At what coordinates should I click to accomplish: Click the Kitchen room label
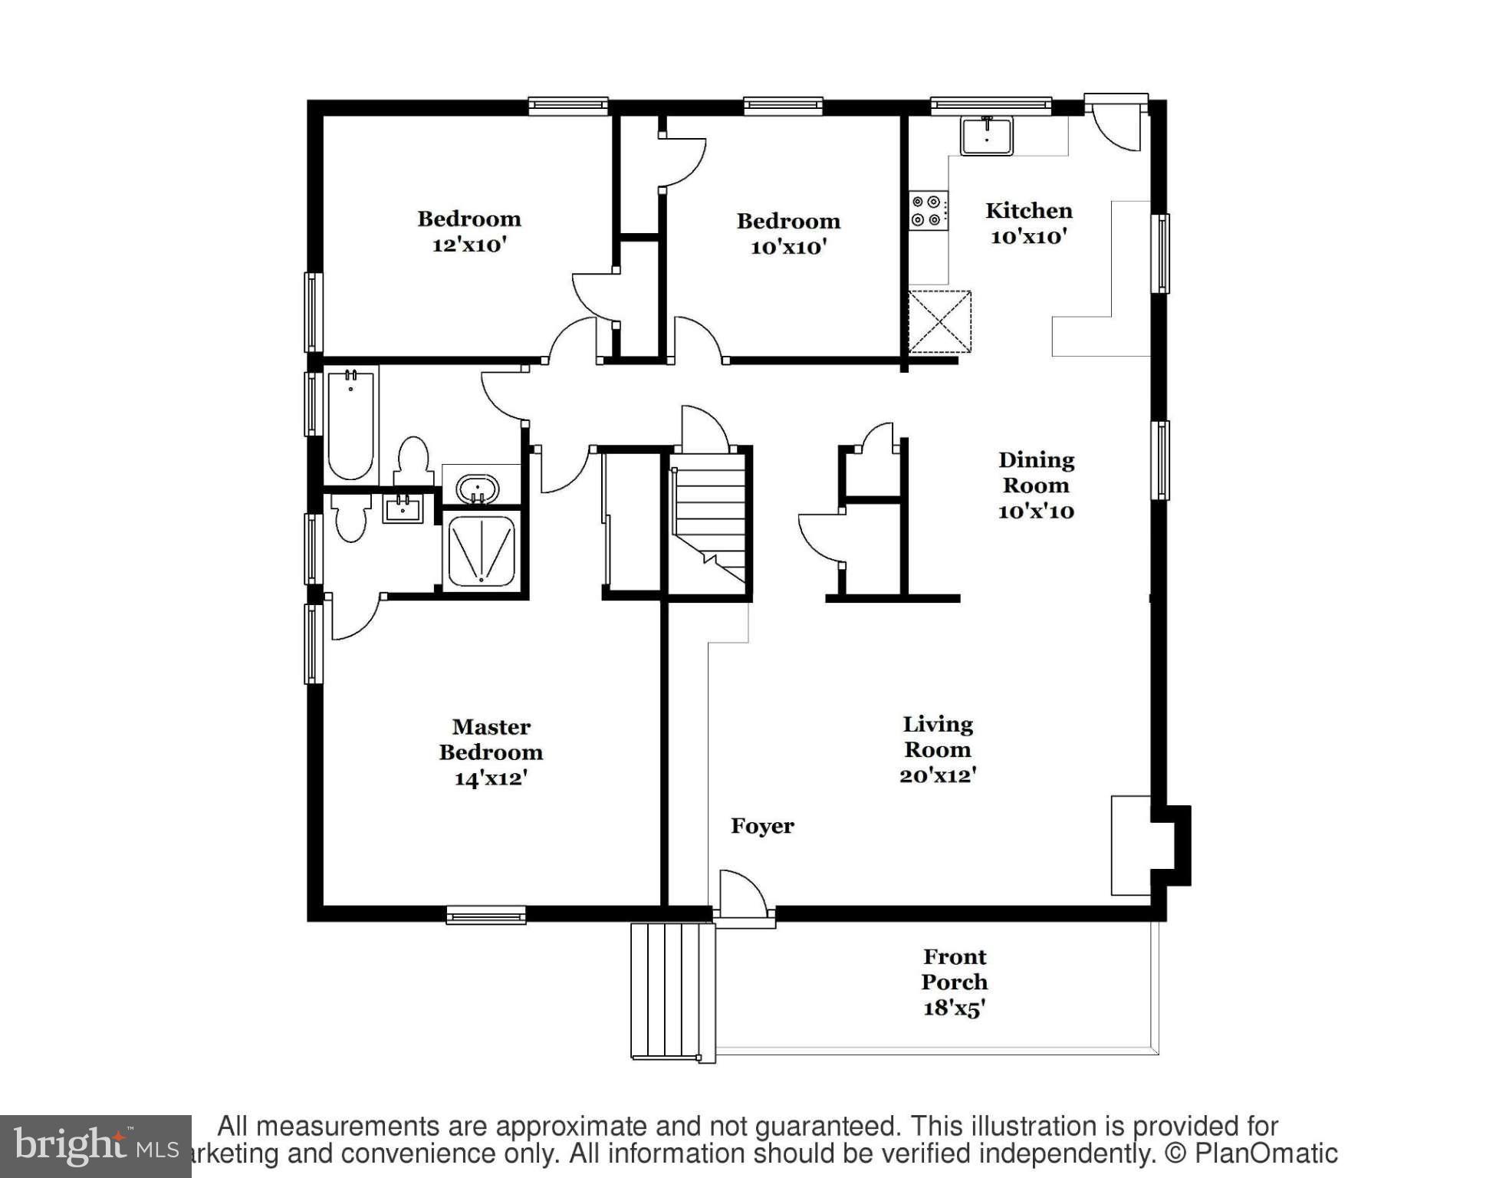pos(1028,211)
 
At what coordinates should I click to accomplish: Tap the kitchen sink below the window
pos(986,136)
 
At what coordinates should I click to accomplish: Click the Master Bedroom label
pos(491,739)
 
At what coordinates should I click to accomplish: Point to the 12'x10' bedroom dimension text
pos(469,245)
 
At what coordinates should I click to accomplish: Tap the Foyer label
pos(762,826)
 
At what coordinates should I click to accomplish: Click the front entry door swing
pos(742,894)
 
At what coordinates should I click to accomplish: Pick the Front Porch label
pos(954,969)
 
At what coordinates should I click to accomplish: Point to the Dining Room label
pos(1036,472)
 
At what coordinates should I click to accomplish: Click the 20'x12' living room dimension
pos(937,775)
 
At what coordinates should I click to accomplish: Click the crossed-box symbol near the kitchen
pos(940,321)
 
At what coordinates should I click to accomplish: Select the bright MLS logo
pos(95,1147)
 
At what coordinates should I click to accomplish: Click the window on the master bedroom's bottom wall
pos(486,915)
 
